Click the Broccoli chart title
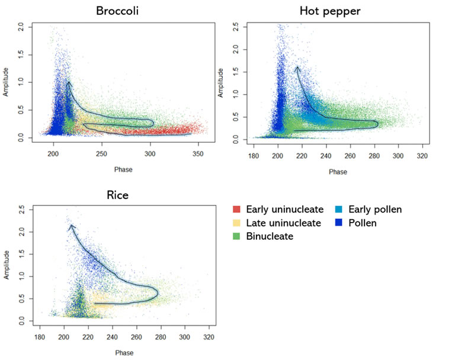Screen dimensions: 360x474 122,11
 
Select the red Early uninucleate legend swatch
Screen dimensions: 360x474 236,209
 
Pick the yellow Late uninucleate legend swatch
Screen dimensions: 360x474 236,223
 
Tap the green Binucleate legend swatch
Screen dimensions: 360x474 236,236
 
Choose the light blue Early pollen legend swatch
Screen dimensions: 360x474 342,209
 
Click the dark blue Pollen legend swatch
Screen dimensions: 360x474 342,223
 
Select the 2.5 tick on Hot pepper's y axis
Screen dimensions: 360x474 235,27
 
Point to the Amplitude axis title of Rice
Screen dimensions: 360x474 7,265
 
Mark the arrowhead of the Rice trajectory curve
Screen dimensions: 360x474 71,226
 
